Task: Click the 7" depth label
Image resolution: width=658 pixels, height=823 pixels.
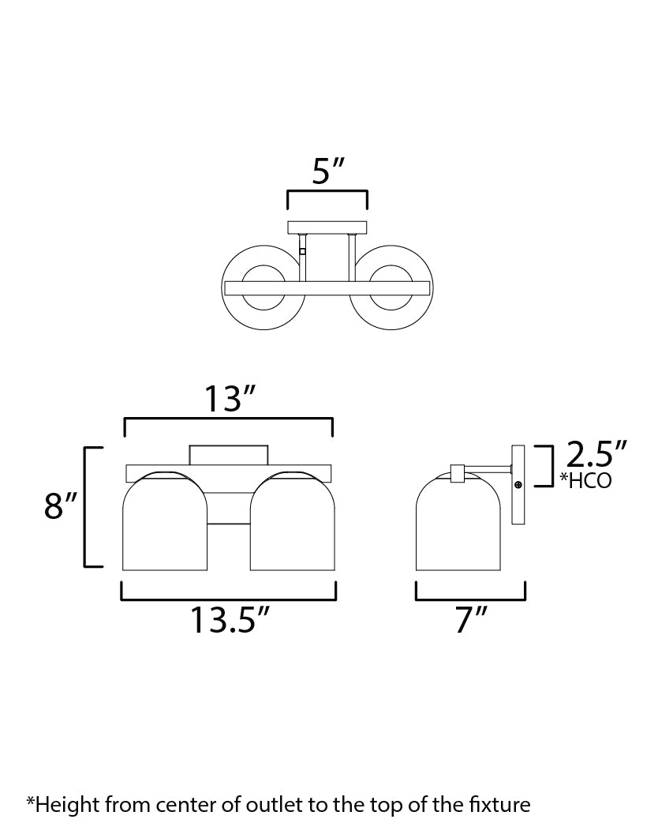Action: pyautogui.click(x=471, y=622)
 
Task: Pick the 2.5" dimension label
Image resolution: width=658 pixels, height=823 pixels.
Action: pyautogui.click(x=596, y=457)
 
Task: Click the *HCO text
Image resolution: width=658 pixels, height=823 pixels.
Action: pyautogui.click(x=585, y=480)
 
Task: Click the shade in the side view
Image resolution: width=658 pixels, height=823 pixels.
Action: pyautogui.click(x=458, y=525)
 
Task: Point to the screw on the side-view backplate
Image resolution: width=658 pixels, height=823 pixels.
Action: pyautogui.click(x=518, y=484)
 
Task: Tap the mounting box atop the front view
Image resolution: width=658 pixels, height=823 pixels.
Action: pyautogui.click(x=229, y=455)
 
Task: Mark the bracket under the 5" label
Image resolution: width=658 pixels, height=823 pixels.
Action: pyautogui.click(x=327, y=192)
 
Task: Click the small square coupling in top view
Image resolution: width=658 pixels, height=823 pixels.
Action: pyautogui.click(x=302, y=253)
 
